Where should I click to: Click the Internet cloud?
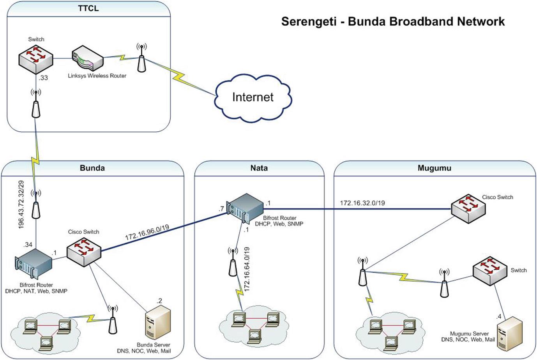click(x=253, y=98)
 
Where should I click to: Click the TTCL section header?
click(x=88, y=9)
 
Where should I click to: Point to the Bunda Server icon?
click(x=158, y=323)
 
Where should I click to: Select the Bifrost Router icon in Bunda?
click(x=34, y=264)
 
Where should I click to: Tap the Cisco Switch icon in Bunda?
click(x=84, y=252)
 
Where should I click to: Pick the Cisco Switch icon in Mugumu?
click(x=468, y=209)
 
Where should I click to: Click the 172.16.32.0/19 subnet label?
click(x=362, y=203)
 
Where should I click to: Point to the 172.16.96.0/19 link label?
click(x=147, y=232)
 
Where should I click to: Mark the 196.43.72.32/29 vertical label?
click(x=21, y=205)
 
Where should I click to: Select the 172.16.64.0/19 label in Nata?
click(x=247, y=269)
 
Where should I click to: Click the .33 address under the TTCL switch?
click(x=43, y=78)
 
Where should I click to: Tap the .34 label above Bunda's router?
click(x=28, y=244)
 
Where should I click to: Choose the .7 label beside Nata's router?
click(x=221, y=209)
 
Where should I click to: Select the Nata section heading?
click(x=259, y=168)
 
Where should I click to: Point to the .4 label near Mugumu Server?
click(x=499, y=317)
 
